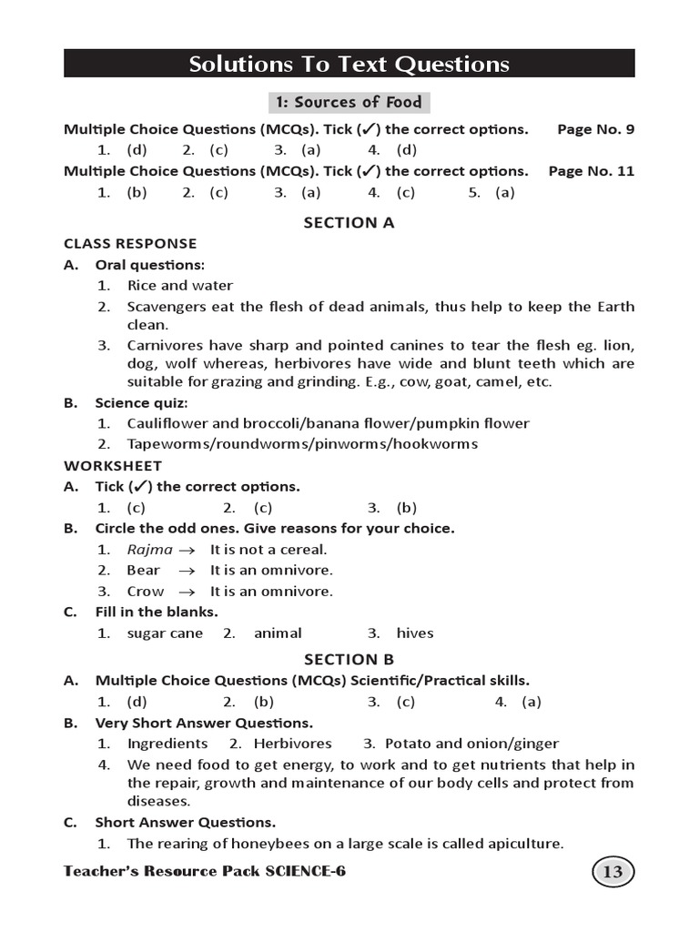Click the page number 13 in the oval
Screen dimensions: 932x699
613,873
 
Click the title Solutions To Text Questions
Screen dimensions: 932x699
349,64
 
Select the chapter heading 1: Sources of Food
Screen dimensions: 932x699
349,102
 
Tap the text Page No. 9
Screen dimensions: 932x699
595,129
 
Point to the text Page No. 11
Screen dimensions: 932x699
592,171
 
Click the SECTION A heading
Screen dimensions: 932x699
349,222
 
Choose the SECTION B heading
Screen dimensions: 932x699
349,659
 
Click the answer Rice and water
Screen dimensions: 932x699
179,286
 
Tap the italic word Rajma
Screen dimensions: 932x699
149,550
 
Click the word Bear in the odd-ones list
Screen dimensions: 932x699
143,571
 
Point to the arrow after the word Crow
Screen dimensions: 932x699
187,592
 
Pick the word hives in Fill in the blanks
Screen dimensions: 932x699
415,633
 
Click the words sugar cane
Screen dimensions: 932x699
165,633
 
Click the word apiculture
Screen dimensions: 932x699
522,844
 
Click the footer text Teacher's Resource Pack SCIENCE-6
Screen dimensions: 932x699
205,872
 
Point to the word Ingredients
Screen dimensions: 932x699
167,744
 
